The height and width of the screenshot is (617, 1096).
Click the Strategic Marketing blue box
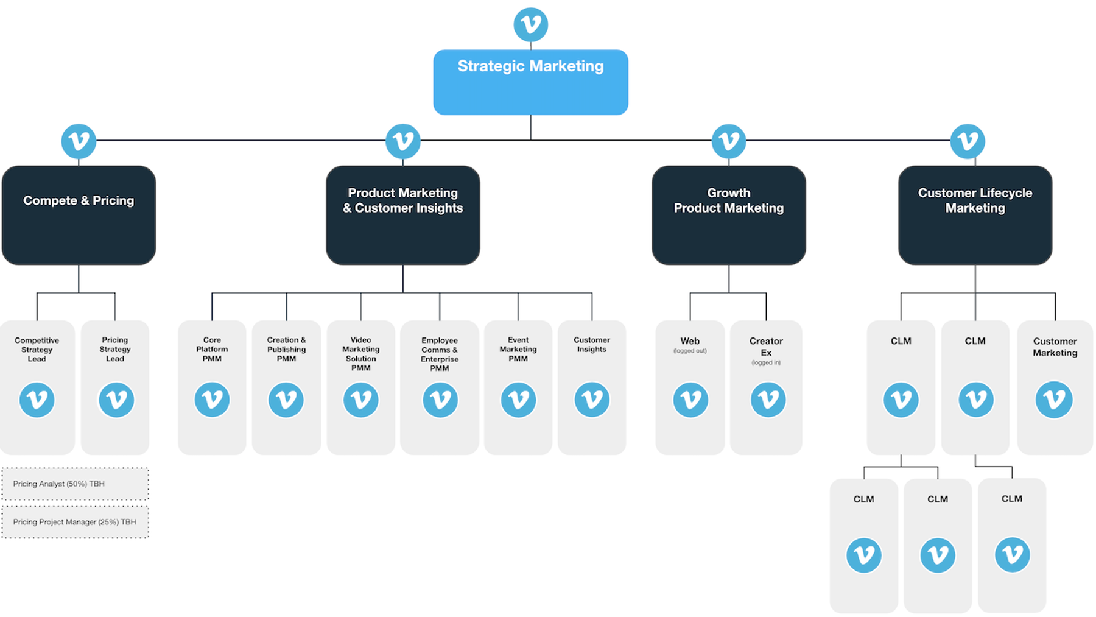(x=530, y=82)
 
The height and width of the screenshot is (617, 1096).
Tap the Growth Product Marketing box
(x=728, y=215)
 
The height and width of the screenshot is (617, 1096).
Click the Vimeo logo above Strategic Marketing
(x=530, y=24)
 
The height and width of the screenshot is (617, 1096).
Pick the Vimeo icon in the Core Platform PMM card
(x=212, y=400)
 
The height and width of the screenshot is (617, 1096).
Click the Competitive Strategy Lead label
(x=37, y=350)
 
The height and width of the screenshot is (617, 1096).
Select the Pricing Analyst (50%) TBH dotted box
(x=75, y=484)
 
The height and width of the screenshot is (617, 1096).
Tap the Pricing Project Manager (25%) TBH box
(x=75, y=522)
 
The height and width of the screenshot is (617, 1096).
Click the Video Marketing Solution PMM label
(x=360, y=354)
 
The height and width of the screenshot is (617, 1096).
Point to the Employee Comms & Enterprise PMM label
(x=439, y=354)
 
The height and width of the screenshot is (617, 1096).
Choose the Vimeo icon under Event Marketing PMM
(x=518, y=400)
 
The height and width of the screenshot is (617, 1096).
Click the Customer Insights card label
(x=591, y=345)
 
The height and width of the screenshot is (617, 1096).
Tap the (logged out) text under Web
(x=690, y=351)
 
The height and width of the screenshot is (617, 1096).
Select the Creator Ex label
(x=766, y=347)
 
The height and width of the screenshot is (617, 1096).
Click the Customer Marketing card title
(x=1055, y=347)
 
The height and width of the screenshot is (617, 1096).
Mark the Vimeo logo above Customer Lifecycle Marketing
(x=968, y=141)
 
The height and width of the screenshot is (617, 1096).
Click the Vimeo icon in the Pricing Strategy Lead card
(x=116, y=400)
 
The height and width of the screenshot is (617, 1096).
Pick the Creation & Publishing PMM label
(x=286, y=349)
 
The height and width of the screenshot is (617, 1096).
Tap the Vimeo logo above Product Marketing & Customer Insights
(x=402, y=141)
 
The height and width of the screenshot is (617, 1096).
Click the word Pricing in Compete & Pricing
(x=113, y=200)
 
